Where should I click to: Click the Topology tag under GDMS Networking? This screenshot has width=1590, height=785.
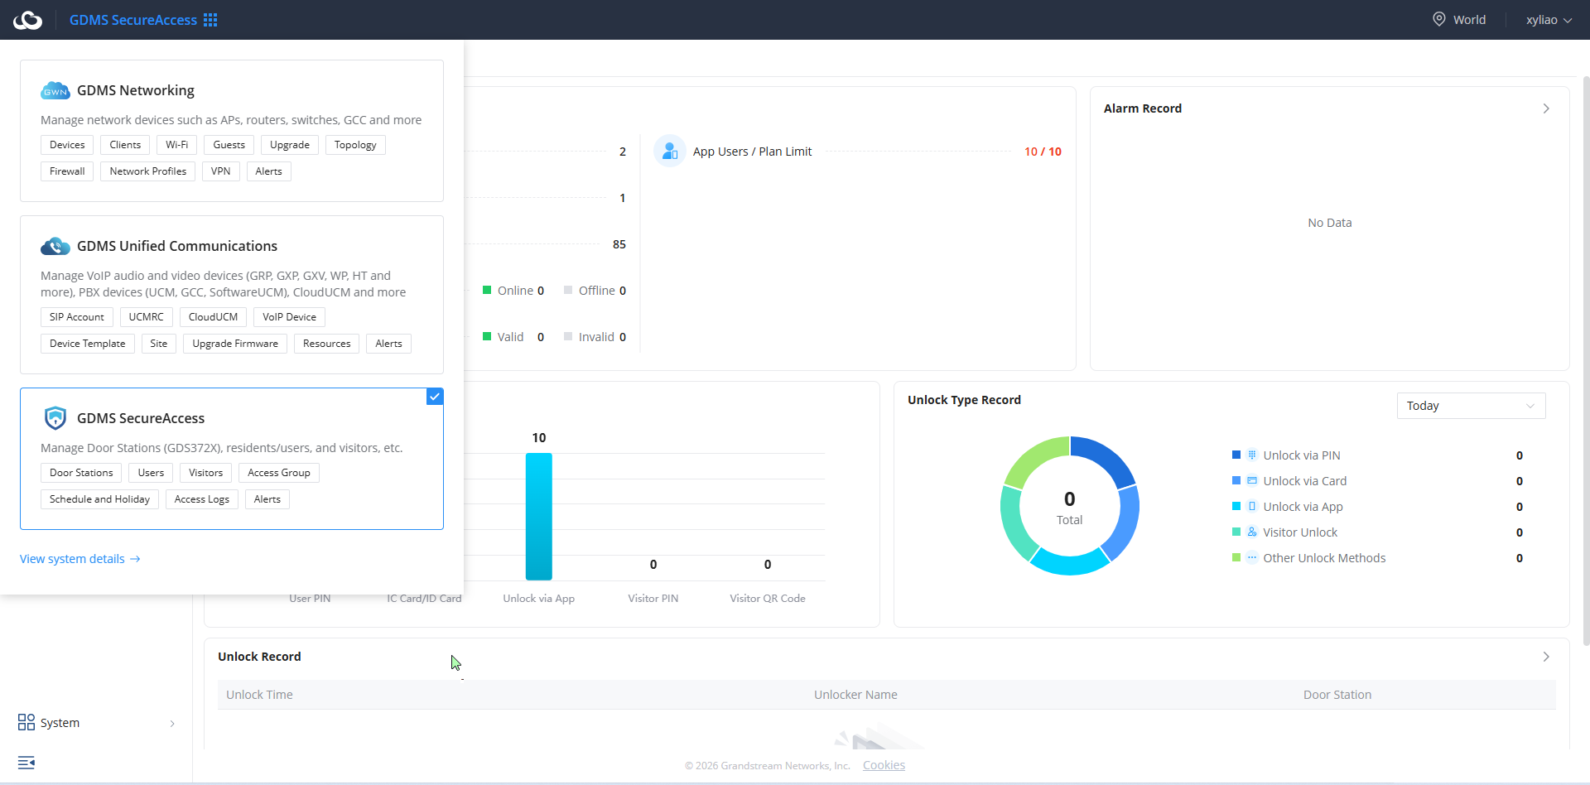[x=355, y=145]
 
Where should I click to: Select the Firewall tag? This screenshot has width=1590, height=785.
[x=67, y=171]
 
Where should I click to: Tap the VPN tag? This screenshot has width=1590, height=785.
[x=220, y=171]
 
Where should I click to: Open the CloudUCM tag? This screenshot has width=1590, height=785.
[x=213, y=317]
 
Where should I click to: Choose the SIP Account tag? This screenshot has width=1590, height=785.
[x=77, y=317]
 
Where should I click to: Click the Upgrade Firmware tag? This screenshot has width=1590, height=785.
[x=235, y=344]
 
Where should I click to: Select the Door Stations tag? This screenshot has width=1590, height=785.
[x=81, y=473]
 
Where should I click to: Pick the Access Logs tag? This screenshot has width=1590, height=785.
[x=202, y=499]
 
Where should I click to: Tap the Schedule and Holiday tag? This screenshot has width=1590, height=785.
[x=99, y=499]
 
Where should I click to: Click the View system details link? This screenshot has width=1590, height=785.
[x=80, y=559]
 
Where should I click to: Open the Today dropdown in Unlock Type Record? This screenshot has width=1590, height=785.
[x=1471, y=406]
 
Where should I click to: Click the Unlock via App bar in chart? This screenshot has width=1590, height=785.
[x=539, y=517]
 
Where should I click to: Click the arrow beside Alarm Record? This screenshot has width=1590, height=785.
[x=1546, y=108]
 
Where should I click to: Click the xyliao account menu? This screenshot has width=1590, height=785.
[x=1549, y=20]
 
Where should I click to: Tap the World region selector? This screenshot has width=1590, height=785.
[x=1459, y=20]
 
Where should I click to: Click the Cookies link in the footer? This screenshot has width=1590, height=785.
[x=884, y=765]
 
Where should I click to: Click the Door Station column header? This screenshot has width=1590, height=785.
[x=1337, y=695]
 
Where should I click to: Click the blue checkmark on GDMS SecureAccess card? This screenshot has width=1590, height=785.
[x=435, y=397]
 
